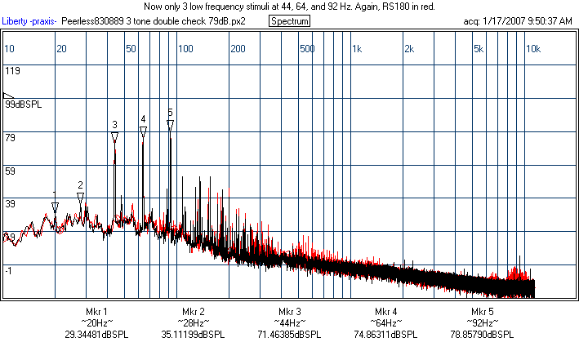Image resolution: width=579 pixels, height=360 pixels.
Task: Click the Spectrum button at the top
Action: coord(289,20)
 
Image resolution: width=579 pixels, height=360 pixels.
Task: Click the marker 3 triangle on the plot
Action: coord(115,136)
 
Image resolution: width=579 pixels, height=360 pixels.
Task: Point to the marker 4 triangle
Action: coord(143,131)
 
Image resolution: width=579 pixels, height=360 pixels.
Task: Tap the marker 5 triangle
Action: coord(170,124)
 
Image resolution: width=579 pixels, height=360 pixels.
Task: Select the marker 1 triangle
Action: coord(55,207)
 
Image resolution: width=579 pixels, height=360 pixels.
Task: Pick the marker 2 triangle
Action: coord(81,197)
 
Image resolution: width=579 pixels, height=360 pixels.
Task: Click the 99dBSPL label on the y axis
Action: coord(21,104)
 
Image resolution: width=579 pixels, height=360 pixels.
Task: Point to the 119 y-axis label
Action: coord(12,71)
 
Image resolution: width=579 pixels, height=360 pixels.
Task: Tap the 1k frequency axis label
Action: coord(356,49)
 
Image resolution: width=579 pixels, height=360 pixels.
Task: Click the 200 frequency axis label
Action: coord(238,49)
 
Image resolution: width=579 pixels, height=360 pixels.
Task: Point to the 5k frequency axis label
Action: coord(479,49)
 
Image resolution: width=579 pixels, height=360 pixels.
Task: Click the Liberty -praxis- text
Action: coord(29,20)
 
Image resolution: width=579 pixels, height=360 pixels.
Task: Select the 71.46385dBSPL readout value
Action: coord(289,334)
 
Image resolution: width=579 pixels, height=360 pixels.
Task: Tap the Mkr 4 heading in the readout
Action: coord(386,313)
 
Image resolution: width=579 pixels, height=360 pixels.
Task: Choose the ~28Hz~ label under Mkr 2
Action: coord(193,323)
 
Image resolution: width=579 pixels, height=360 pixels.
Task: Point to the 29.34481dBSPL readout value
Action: coord(96,334)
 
